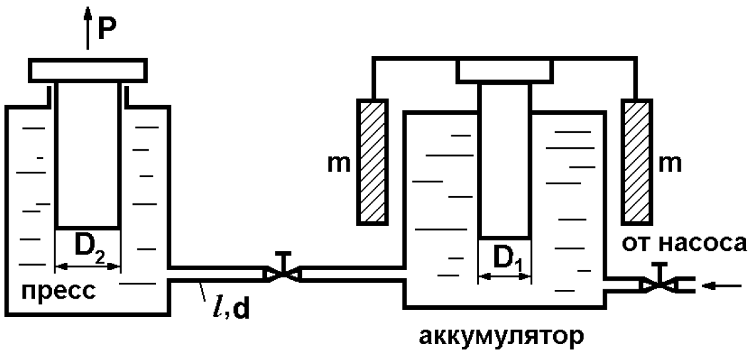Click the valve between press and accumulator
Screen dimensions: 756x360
283,273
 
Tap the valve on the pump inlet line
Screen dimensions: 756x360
658,284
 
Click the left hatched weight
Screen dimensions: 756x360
372,162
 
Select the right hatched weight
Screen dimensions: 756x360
636,162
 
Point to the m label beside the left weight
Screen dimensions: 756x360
339,164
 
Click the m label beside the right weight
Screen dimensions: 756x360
670,164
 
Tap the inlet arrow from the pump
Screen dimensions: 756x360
722,286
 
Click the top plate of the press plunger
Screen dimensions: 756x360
87,71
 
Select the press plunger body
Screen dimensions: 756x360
87,155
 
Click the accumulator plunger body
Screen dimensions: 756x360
504,161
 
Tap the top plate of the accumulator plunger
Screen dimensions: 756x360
504,71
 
